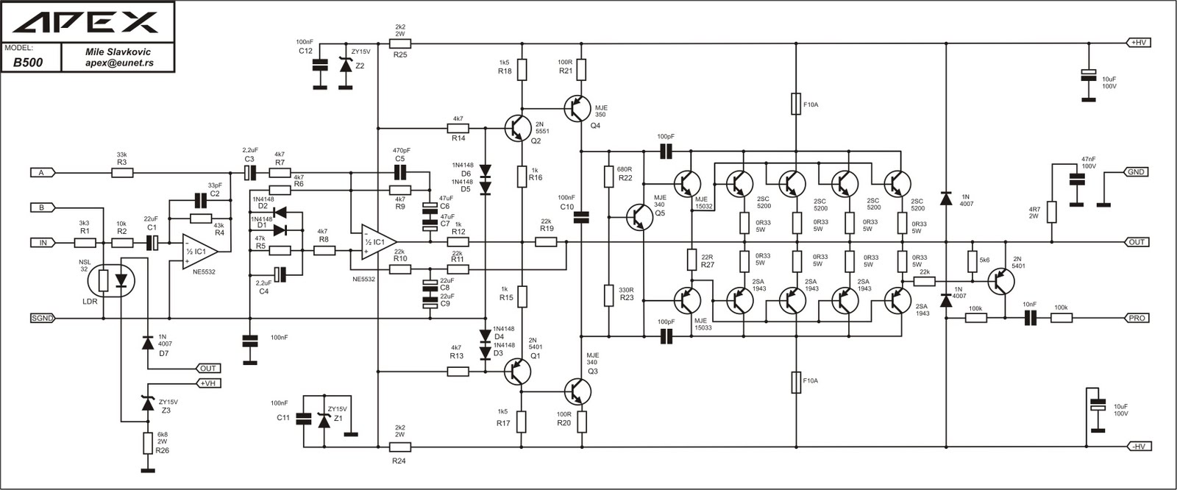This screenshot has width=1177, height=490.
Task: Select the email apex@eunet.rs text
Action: [118, 64]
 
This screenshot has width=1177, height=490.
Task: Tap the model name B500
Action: [28, 63]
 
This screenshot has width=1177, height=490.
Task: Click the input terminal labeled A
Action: [41, 173]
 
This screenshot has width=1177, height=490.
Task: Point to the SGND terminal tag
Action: [42, 319]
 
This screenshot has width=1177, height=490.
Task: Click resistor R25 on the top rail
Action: [400, 43]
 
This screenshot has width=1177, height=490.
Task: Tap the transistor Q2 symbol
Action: [518, 127]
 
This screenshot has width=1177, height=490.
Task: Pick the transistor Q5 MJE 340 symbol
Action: [639, 216]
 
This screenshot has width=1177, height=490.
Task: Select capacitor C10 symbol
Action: [582, 216]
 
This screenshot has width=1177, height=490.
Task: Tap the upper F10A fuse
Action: [796, 104]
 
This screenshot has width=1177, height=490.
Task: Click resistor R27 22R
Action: [691, 260]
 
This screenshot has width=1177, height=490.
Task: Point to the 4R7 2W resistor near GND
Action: [1052, 212]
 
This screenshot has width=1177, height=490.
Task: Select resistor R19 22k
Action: [546, 242]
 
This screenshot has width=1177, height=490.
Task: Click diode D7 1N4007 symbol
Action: [147, 342]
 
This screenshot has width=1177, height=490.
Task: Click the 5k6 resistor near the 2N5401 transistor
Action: [972, 260]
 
